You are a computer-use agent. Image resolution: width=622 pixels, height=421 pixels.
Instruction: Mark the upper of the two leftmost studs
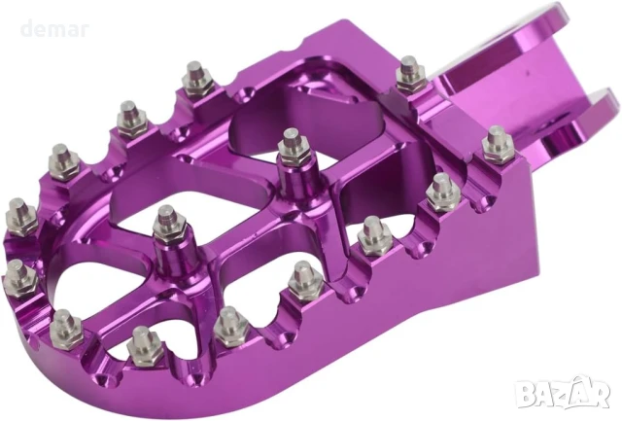[18, 209]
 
